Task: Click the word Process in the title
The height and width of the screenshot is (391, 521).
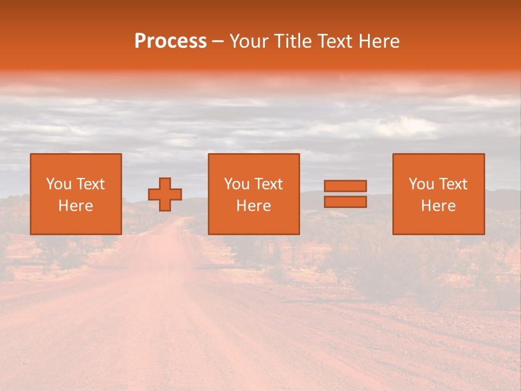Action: coord(170,41)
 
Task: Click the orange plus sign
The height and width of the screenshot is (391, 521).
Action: coord(165,194)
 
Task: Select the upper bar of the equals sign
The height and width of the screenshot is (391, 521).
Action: coord(345,186)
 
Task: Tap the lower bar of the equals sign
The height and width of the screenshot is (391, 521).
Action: coord(345,202)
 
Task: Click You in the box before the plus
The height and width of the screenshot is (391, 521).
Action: coord(58,184)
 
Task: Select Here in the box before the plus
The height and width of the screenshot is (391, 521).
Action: coord(75,206)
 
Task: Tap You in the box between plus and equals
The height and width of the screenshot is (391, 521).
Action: coord(236,184)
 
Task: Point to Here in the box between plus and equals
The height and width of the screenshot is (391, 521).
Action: coord(253,206)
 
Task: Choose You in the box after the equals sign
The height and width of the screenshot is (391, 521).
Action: coord(421,184)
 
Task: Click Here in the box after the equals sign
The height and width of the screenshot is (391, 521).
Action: coord(438,206)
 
